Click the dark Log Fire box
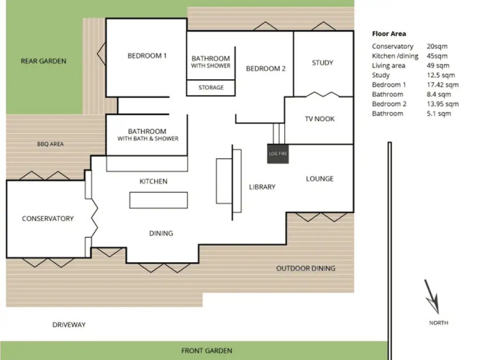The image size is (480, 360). (278, 153)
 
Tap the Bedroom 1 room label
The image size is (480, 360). (147, 55)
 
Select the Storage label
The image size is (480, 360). (211, 87)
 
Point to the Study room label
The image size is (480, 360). (322, 63)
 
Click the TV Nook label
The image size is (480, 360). (320, 119)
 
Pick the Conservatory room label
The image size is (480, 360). (47, 218)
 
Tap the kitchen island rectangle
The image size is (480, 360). (158, 200)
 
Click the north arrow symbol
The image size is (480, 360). (432, 296)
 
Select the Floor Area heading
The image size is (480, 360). (389, 34)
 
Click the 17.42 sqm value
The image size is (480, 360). (443, 84)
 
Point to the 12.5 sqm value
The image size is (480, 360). (441, 75)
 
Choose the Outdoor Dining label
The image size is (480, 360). (306, 269)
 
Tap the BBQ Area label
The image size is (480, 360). (50, 144)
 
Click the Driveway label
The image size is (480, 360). (69, 325)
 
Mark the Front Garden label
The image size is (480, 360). (207, 351)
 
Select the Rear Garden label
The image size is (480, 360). (43, 61)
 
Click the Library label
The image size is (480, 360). (262, 187)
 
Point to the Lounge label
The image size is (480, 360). (320, 179)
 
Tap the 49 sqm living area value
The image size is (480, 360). (438, 66)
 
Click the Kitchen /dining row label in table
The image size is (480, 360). (395, 56)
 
